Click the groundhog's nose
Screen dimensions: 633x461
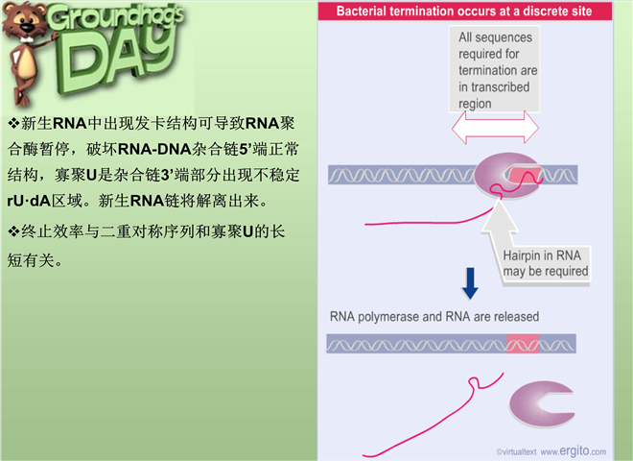(x=27, y=27)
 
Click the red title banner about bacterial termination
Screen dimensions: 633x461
(x=464, y=11)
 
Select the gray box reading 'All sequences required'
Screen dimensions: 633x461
(x=494, y=69)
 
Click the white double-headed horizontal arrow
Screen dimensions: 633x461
(x=495, y=128)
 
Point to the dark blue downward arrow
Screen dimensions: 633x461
(x=470, y=283)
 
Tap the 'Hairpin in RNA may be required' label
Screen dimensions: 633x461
(x=545, y=263)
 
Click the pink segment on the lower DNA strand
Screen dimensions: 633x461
(x=523, y=344)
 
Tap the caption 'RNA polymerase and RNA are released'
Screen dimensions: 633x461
(x=434, y=316)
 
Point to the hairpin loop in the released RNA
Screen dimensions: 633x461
(x=475, y=383)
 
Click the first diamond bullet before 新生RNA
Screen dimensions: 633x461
(x=13, y=123)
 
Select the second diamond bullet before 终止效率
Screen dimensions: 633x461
(x=13, y=231)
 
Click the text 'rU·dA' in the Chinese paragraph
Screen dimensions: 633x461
(x=29, y=201)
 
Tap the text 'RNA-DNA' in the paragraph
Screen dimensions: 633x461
(x=154, y=149)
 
